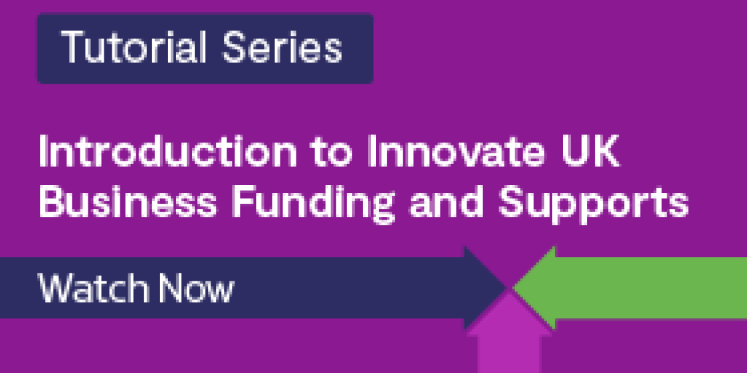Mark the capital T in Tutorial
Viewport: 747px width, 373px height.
tap(72, 48)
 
